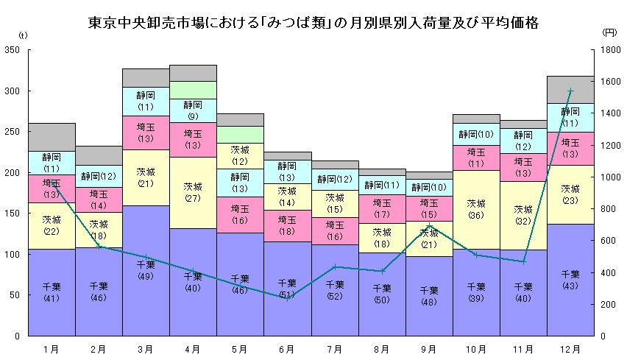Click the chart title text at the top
313,23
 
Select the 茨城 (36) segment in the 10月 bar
476,210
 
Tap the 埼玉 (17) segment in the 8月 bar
382,209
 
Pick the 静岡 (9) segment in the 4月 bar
193,110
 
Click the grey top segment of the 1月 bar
52,137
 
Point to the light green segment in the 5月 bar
240,135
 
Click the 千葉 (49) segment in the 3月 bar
146,270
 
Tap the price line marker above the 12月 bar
570,91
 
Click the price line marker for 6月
287,298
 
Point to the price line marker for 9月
429,226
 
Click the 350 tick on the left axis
11,50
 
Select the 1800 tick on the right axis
609,50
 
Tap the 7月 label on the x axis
334,348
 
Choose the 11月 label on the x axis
523,348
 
